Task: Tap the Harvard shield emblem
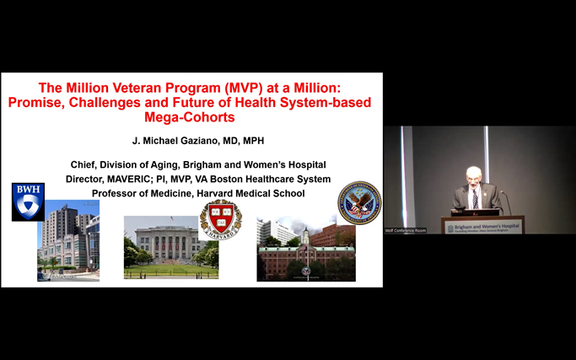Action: [x=220, y=219]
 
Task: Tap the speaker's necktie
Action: [x=475, y=199]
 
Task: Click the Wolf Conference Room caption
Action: [x=406, y=230]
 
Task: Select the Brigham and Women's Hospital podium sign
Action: [x=482, y=226]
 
